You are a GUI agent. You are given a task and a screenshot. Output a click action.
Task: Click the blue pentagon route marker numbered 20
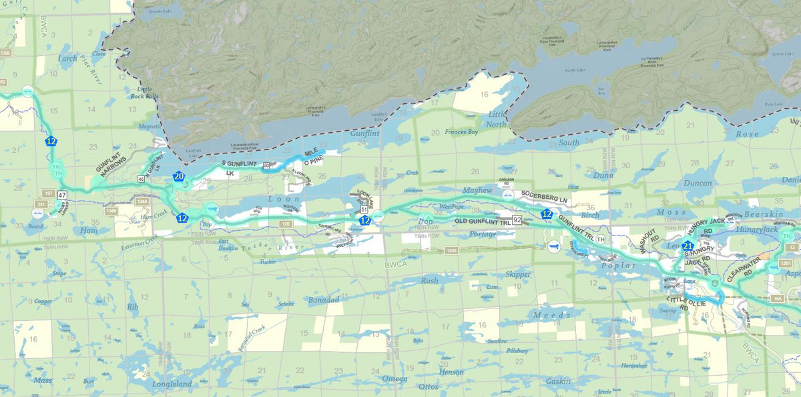(178, 177)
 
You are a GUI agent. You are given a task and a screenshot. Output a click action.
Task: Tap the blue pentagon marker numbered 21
(688, 246)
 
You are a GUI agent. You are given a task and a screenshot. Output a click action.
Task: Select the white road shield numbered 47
(62, 195)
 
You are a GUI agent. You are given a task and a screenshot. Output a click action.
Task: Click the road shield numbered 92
(518, 219)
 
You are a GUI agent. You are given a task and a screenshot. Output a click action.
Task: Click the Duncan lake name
(698, 183)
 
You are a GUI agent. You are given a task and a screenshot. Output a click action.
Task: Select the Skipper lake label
(518, 274)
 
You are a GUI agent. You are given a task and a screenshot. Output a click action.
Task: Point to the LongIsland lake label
(172, 384)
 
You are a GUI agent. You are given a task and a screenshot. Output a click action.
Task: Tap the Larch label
(67, 58)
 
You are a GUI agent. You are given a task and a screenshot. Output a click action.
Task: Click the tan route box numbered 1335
(452, 250)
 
